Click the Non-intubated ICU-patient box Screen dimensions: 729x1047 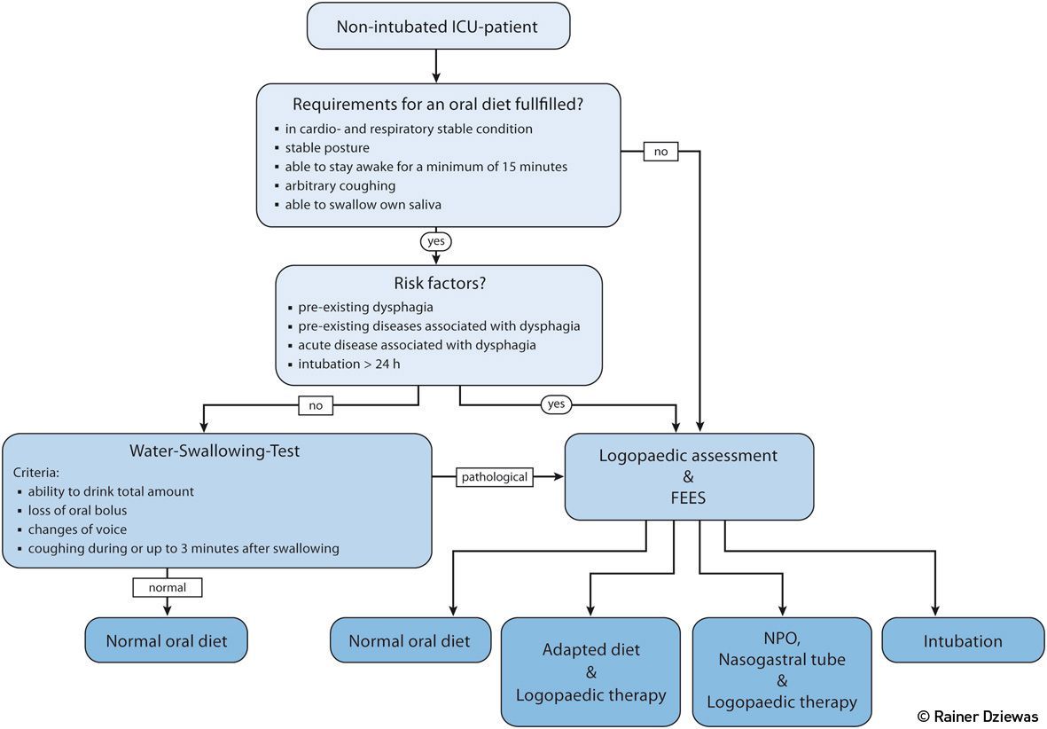click(x=437, y=27)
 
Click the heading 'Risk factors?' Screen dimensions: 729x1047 click(x=438, y=284)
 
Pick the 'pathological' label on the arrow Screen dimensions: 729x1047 click(x=495, y=477)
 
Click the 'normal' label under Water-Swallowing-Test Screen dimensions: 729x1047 click(x=168, y=586)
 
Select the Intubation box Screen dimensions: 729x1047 click(x=963, y=640)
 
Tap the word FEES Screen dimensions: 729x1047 click(x=688, y=498)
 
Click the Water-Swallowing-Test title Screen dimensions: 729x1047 click(x=216, y=451)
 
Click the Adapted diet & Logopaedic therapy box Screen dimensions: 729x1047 click(x=591, y=672)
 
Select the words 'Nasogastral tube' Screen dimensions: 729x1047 click(x=781, y=659)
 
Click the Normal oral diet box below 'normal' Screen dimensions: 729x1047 click(x=167, y=640)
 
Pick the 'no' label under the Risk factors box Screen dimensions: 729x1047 click(x=315, y=405)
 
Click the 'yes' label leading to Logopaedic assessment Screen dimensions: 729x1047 click(x=556, y=404)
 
